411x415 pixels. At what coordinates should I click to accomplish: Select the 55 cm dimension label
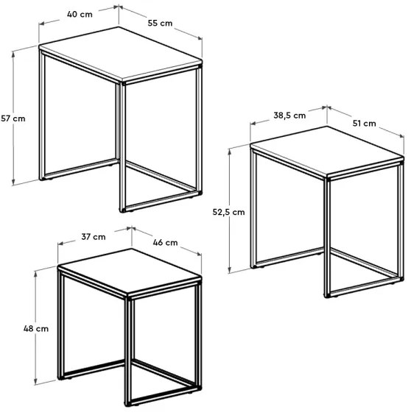click(160, 23)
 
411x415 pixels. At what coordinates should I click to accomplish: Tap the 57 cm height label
click(13, 118)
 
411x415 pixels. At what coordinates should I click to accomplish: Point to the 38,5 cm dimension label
click(289, 116)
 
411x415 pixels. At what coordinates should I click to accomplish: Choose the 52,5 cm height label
click(229, 212)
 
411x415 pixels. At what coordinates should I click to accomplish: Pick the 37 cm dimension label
click(94, 237)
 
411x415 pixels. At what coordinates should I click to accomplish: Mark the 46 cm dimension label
click(165, 242)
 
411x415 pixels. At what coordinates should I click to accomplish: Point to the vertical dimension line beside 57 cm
click(14, 147)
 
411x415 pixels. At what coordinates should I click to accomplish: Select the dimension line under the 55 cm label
click(160, 34)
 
